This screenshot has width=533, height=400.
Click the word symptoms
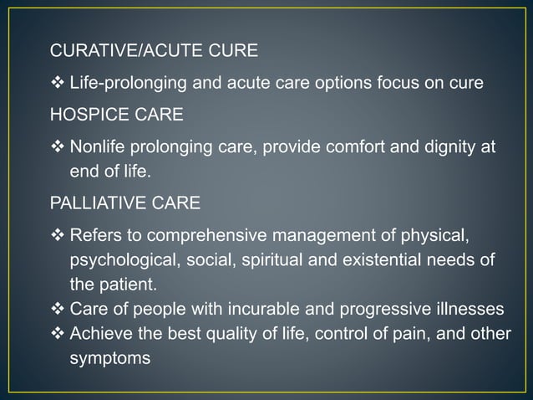tap(109, 357)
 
